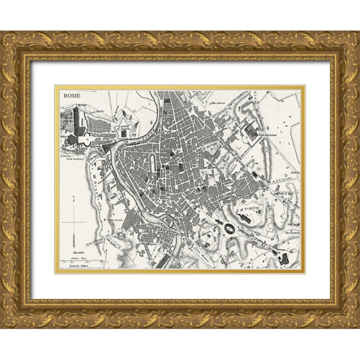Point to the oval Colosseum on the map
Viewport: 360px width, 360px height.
[x=230, y=230]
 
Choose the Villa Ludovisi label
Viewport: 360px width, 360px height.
[x=220, y=103]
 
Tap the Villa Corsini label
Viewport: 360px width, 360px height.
[x=117, y=220]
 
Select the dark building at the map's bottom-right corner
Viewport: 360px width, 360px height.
[x=284, y=259]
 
